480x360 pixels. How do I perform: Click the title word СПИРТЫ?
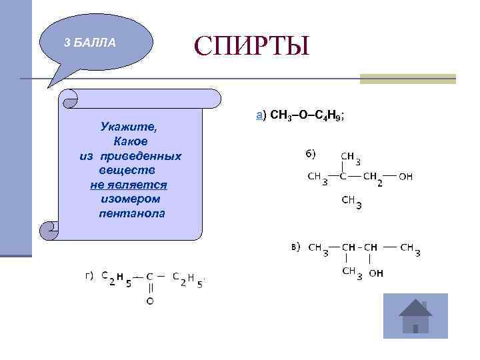252,46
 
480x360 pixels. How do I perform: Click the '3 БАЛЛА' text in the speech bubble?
89,43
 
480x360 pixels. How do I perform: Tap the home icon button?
415,317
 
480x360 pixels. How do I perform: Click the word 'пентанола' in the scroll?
131,213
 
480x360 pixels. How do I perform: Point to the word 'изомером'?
131,199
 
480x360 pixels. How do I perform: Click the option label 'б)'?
311,155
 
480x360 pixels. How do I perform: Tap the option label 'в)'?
296,247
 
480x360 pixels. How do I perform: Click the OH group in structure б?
406,177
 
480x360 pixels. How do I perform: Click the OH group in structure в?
376,273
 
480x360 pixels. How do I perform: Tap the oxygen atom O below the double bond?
150,302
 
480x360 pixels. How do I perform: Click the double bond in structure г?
150,289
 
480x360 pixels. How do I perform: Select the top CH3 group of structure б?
351,158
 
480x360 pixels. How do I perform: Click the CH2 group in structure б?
373,178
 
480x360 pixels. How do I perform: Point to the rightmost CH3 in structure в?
409,249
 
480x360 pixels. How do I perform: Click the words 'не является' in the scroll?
129,184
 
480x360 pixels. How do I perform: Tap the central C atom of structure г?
150,276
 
